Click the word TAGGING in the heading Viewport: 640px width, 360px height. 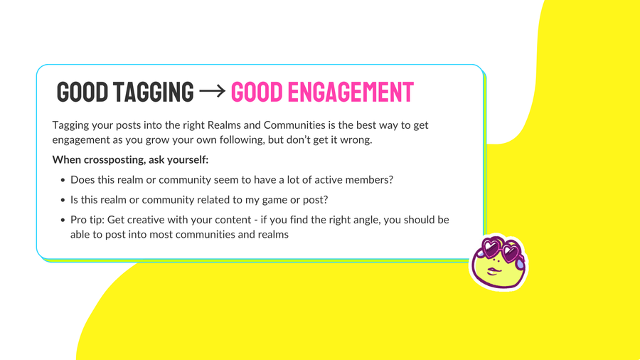click(x=153, y=92)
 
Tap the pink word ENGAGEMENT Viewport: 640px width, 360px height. click(x=351, y=92)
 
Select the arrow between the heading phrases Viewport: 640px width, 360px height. click(x=212, y=91)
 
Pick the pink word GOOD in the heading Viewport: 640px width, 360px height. click(x=257, y=92)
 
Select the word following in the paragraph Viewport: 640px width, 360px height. click(x=242, y=140)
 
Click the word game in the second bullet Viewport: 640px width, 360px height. click(x=275, y=201)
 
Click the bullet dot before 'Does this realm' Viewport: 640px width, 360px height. click(x=63, y=180)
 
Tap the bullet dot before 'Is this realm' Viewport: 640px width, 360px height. click(x=63, y=200)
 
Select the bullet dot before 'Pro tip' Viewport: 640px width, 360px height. click(x=63, y=220)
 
